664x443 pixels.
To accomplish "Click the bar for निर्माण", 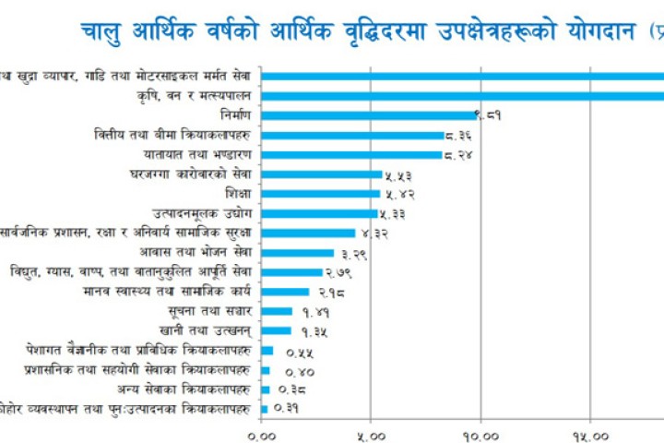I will point(369,114).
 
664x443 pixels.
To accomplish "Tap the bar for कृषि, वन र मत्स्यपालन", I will point(461,94).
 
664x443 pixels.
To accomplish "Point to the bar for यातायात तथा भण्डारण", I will point(351,154).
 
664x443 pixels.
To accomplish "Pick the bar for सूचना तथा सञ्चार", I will point(277,311).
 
